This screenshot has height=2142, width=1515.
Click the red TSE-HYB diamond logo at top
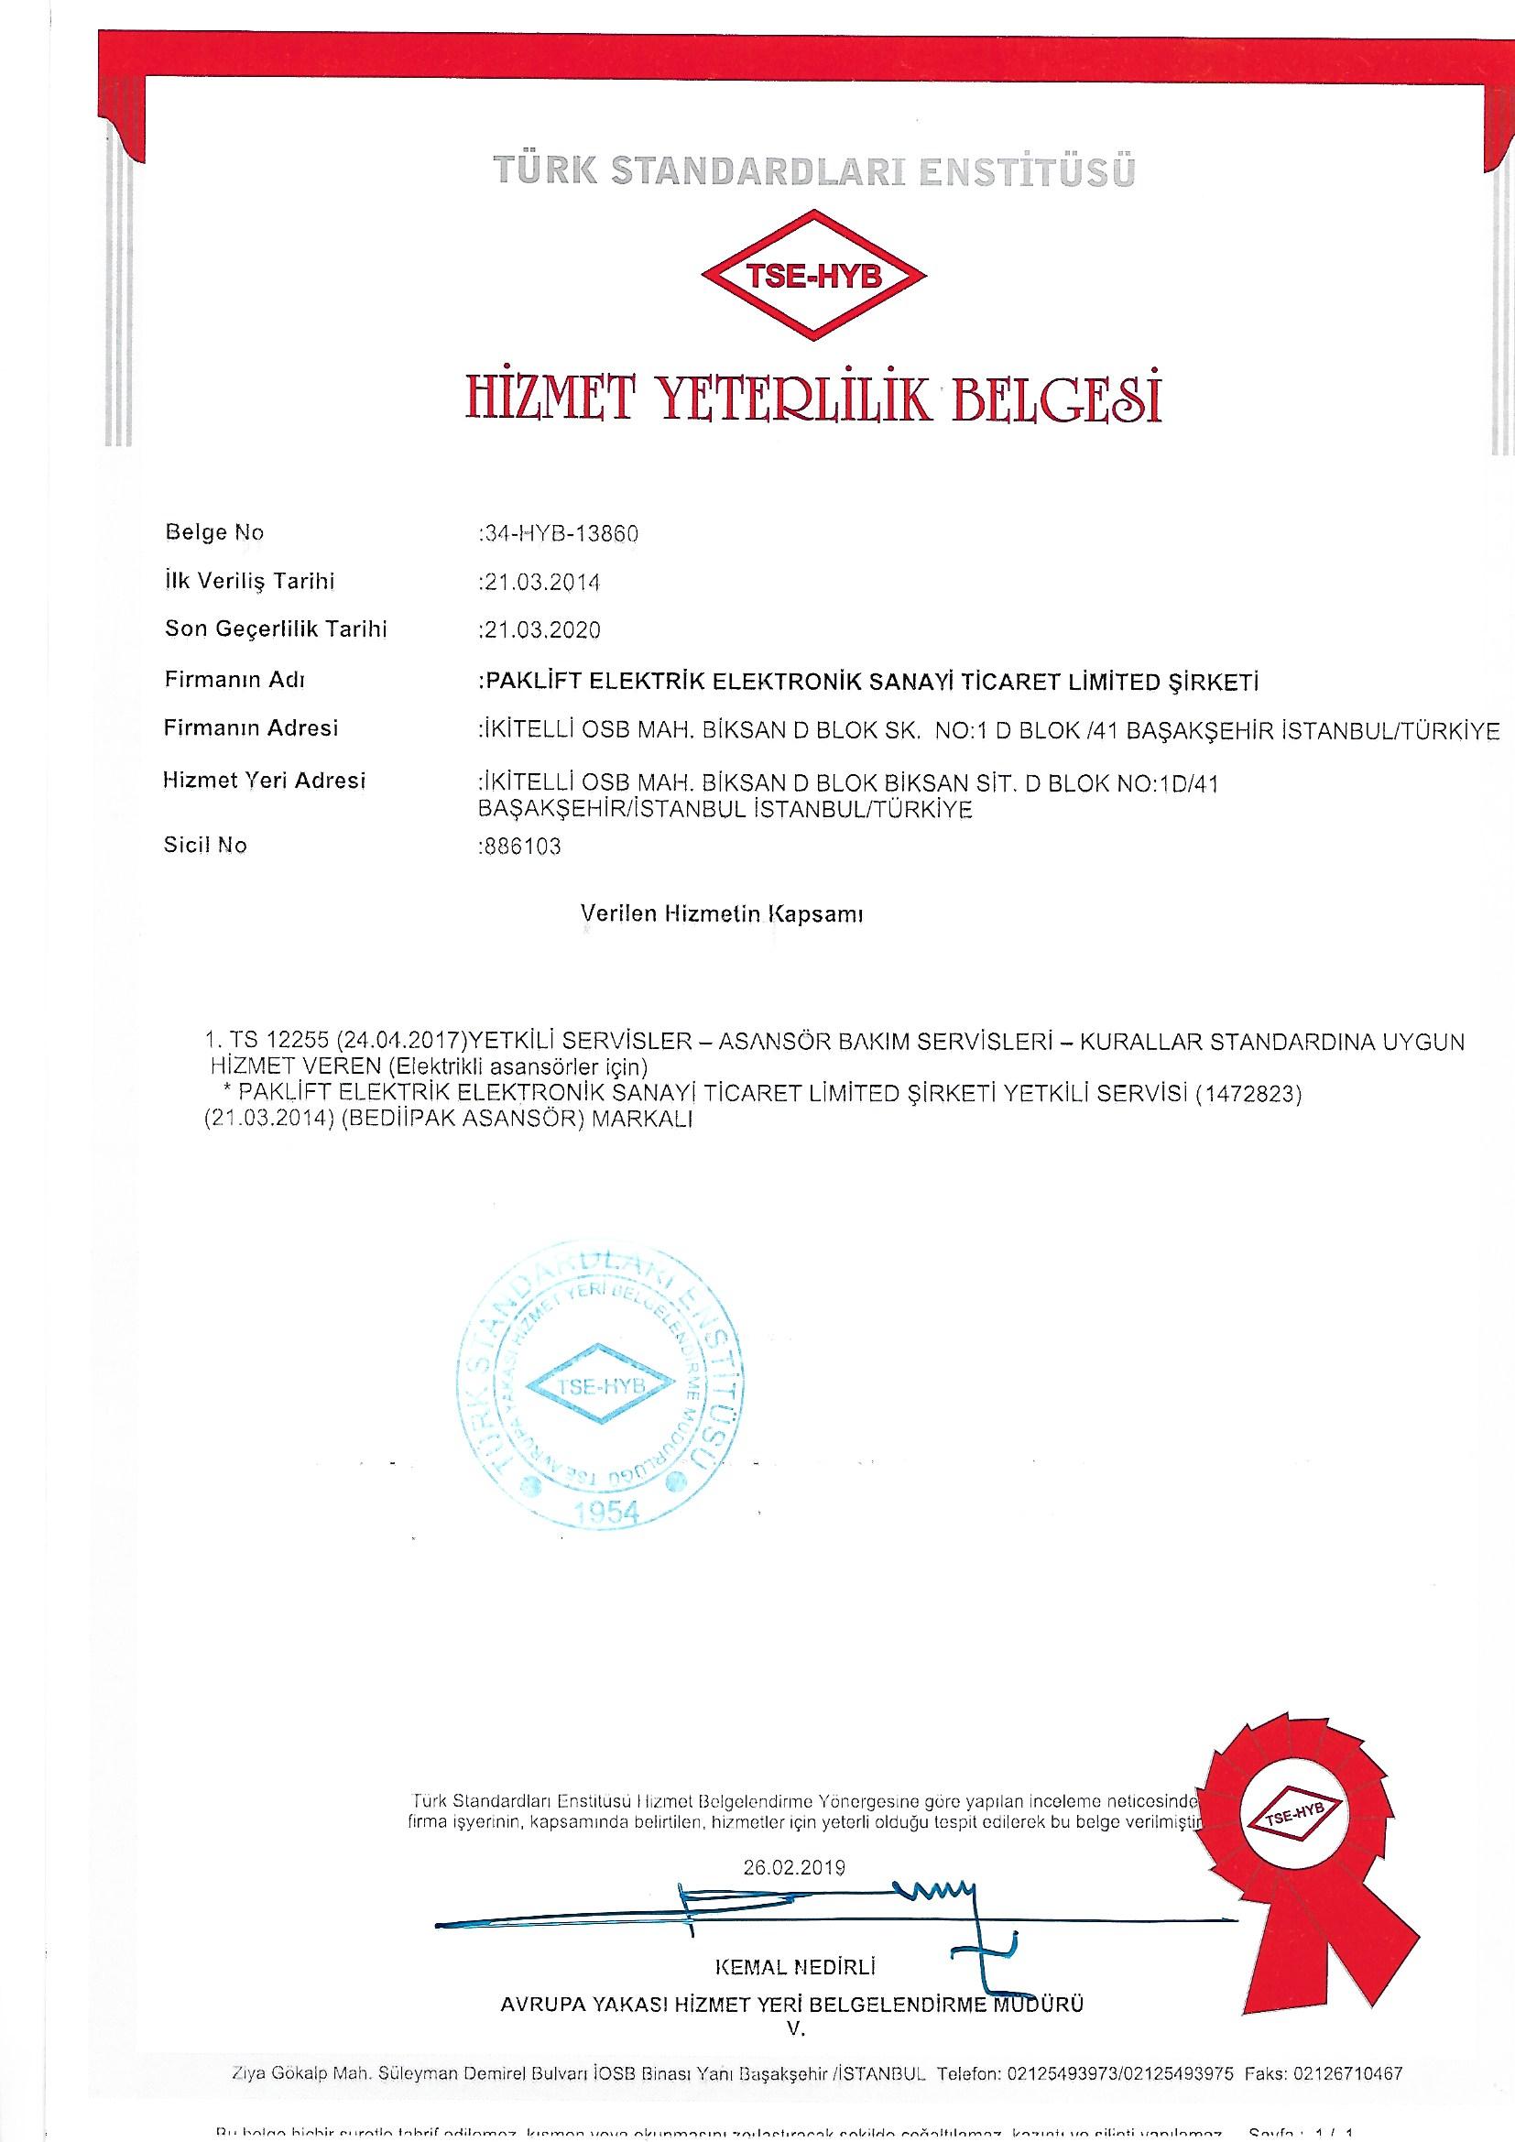pyautogui.click(x=813, y=277)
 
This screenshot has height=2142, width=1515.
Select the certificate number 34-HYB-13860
pyautogui.click(x=560, y=533)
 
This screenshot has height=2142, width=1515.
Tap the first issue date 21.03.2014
pyautogui.click(x=541, y=582)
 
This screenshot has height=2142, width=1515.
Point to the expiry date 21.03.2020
pyautogui.click(x=541, y=630)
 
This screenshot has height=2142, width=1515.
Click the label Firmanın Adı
pyautogui.click(x=234, y=679)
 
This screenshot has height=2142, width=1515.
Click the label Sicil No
pyautogui.click(x=205, y=847)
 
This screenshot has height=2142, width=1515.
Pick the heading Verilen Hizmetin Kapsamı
pyautogui.click(x=721, y=914)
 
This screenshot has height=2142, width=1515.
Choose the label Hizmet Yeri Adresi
pyautogui.click(x=265, y=780)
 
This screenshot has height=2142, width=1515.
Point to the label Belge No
pyautogui.click(x=214, y=532)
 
